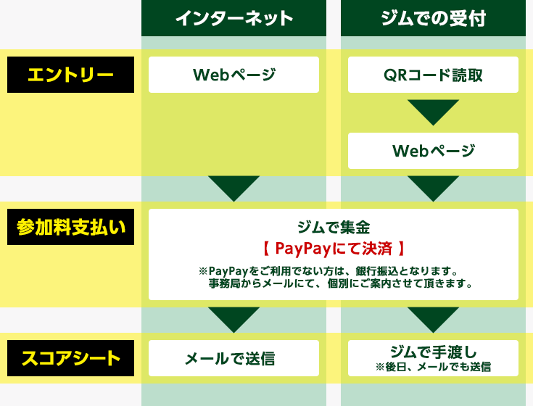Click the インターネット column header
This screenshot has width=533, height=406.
pos(234,18)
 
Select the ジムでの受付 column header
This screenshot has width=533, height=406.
pos(433,18)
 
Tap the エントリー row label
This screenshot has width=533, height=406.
pos(71,75)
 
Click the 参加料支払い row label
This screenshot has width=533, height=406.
pos(71,227)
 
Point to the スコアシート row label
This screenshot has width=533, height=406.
pos(71,358)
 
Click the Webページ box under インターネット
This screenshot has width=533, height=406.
pos(234,75)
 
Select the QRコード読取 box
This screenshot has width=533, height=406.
pos(433,75)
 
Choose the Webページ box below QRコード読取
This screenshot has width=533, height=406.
pos(433,151)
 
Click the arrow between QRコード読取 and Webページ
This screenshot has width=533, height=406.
pos(433,111)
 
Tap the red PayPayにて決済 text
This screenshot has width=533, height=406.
pos(334,249)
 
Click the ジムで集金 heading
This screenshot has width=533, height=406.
pos(334,228)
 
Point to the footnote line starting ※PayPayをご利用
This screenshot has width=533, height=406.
pos(328,271)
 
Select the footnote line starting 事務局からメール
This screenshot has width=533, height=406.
pos(341,283)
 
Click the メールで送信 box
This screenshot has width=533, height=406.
pos(234,358)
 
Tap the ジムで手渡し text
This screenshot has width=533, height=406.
pos(433,352)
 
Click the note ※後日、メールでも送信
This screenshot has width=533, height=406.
pos(433,367)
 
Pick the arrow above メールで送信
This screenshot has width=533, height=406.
pos(234,320)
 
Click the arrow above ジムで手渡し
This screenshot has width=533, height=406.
pos(433,320)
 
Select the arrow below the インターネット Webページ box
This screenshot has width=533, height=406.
pos(234,188)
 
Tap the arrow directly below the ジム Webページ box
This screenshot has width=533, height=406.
pos(433,188)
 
